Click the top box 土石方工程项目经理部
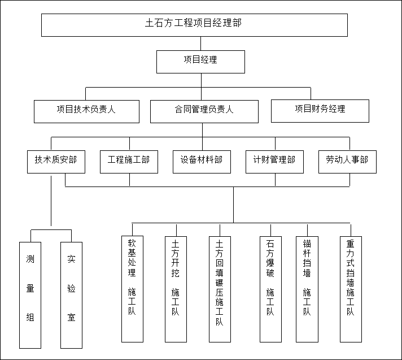[194, 24]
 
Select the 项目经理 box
[200, 61]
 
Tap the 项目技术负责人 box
[86, 111]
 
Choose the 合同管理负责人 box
[204, 111]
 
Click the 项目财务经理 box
[320, 110]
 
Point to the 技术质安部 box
[52, 162]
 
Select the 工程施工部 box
[129, 162]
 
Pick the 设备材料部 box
[202, 162]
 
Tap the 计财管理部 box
[274, 162]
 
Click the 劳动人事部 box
[347, 162]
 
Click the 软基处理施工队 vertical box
[132, 289]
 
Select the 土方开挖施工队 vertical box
[176, 289]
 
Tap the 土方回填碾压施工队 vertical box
[220, 289]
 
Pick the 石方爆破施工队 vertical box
[270, 289]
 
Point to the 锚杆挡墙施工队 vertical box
[307, 289]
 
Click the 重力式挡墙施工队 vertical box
[351, 289]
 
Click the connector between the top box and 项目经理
[200, 44]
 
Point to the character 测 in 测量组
[30, 259]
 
